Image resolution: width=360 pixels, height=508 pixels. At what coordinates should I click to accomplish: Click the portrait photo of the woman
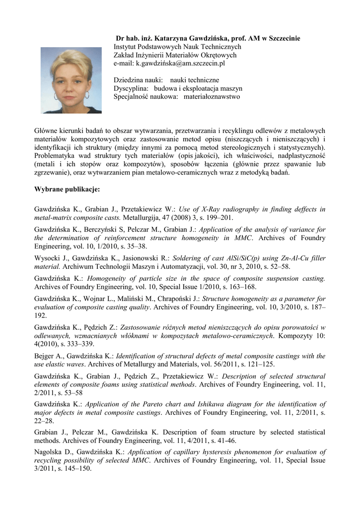coord(71,80)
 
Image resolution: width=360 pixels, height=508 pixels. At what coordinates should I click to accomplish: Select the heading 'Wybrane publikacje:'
coord(67,189)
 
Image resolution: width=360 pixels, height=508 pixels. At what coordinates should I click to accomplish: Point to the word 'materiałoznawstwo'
coord(212,97)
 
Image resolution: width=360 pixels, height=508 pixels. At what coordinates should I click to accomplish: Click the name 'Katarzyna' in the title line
coord(171,38)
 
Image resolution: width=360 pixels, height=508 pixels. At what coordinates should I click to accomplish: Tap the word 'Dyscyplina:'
coord(131,88)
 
